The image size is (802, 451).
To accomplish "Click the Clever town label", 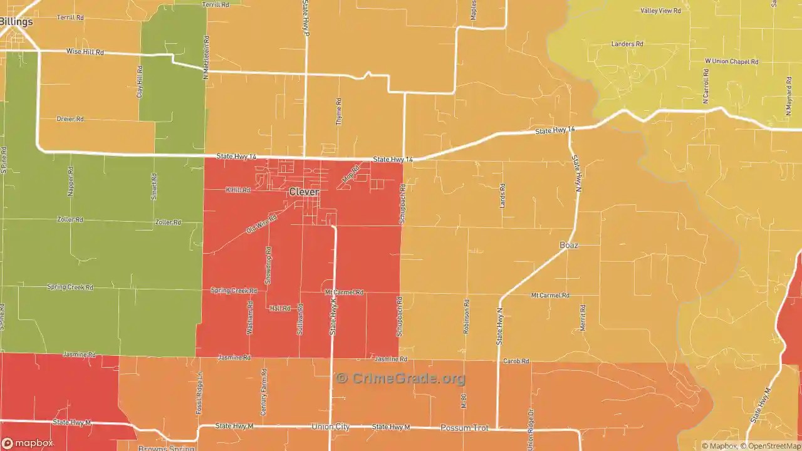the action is (304, 192).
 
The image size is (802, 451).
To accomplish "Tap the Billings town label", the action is (16, 21).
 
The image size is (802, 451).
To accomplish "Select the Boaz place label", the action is (568, 245).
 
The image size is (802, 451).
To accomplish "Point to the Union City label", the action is (330, 427).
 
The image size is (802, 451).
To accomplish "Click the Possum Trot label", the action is (464, 427).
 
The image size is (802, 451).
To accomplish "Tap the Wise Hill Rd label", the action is (85, 52).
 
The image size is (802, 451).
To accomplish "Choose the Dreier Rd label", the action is (70, 118).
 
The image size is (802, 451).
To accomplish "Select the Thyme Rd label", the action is (339, 111).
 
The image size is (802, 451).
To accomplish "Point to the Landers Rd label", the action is (627, 44).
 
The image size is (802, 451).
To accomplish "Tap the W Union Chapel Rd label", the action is (731, 61).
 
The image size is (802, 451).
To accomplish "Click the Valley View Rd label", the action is (660, 11).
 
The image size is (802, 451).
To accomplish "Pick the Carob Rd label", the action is (516, 361).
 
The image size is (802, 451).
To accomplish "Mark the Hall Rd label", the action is (279, 308).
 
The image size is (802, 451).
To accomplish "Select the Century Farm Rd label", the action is (264, 392).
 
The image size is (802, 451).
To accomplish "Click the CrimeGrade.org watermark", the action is (401, 378).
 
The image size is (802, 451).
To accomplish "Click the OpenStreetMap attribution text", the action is (771, 446).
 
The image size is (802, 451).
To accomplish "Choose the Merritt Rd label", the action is (583, 318).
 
